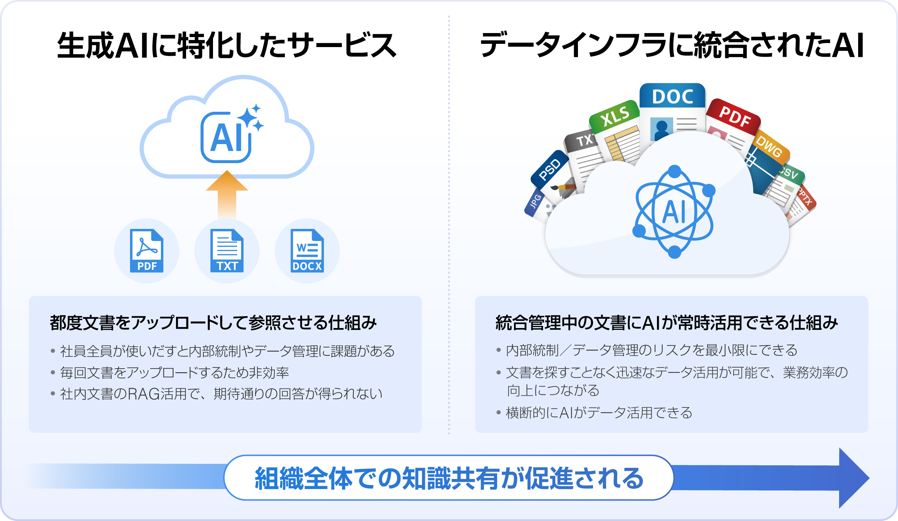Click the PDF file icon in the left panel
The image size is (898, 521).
click(x=147, y=251)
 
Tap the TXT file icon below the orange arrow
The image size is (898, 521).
click(x=227, y=251)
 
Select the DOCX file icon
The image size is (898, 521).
click(x=307, y=251)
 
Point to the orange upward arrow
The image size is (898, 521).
click(x=227, y=194)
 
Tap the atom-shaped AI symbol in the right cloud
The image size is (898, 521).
click(x=674, y=212)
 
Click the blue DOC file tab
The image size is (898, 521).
click(x=672, y=96)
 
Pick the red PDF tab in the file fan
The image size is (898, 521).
click(x=735, y=116)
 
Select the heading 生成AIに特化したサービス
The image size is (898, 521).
click(x=227, y=46)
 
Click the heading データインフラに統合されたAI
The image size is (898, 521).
click(x=672, y=46)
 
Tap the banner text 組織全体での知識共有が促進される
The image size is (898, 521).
click(x=449, y=478)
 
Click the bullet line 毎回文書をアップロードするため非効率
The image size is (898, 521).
click(x=175, y=373)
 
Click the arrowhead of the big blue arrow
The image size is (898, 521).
click(x=853, y=478)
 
